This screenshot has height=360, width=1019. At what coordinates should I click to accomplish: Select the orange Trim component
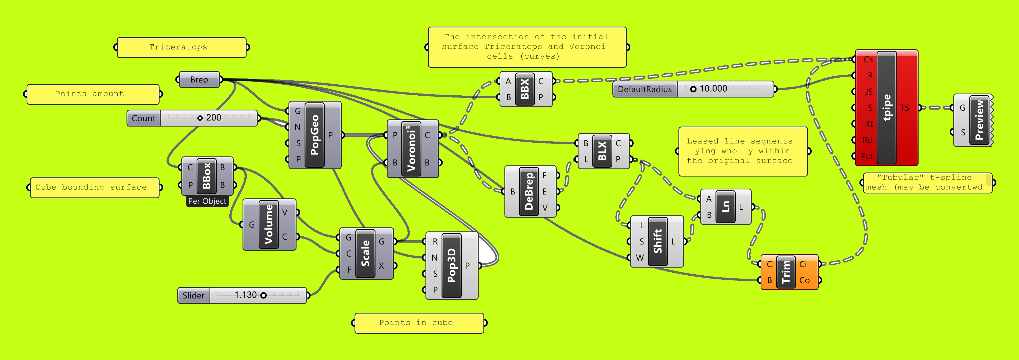click(x=789, y=272)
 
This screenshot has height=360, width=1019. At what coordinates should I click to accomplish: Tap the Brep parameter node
click(x=199, y=80)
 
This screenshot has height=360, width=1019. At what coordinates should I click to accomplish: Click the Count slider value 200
click(x=214, y=117)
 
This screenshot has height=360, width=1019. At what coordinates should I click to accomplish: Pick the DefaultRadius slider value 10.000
click(x=713, y=89)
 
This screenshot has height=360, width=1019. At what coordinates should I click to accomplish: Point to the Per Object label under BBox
click(x=207, y=201)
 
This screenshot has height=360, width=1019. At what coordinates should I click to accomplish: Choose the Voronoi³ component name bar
click(x=411, y=149)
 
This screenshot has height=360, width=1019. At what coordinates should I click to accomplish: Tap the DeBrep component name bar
click(x=529, y=191)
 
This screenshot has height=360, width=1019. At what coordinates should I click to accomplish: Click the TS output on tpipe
click(x=904, y=108)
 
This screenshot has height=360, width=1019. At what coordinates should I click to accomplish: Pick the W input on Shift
click(x=640, y=258)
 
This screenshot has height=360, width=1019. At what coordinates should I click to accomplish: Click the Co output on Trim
click(x=804, y=280)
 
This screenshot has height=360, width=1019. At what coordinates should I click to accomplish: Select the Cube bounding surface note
click(x=95, y=188)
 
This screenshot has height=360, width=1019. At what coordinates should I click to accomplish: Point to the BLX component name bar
click(x=602, y=151)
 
